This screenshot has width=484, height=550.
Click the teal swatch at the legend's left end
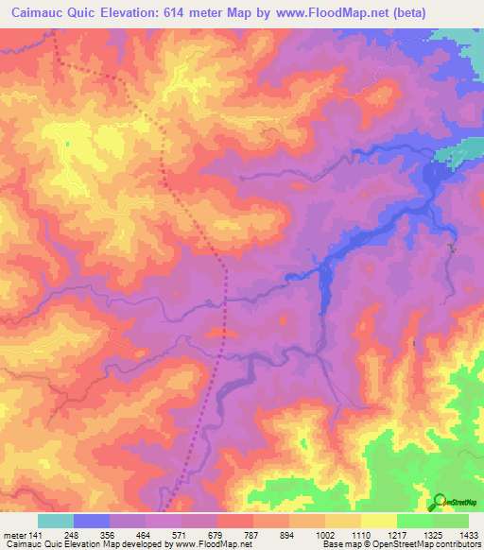(x=56, y=521)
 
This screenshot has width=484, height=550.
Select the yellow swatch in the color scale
(x=378, y=521)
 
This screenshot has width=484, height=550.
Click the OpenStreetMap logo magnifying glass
(x=439, y=502)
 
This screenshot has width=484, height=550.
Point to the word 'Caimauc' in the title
(x=37, y=13)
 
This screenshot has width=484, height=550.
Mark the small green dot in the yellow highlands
(x=68, y=144)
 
